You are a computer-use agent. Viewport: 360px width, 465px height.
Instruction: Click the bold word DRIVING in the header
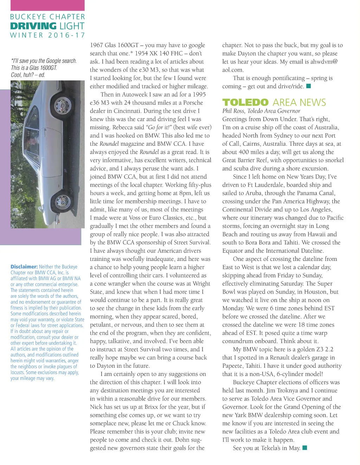tap(33, 26)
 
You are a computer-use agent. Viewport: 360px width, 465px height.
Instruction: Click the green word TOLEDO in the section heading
tap(245, 103)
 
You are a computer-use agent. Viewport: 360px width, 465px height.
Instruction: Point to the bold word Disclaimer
tap(24, 267)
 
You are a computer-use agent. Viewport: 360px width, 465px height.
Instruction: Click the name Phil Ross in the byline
tap(233, 111)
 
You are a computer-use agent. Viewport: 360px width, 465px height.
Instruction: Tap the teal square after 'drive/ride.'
tap(309, 86)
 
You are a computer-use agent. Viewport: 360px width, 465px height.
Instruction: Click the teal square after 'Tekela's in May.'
tap(305, 447)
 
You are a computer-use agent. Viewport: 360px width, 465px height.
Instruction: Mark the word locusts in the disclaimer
tap(18, 373)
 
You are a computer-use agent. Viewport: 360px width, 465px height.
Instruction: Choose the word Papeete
tap(233, 366)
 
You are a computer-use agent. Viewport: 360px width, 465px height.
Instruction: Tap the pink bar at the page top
tap(47, 5)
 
